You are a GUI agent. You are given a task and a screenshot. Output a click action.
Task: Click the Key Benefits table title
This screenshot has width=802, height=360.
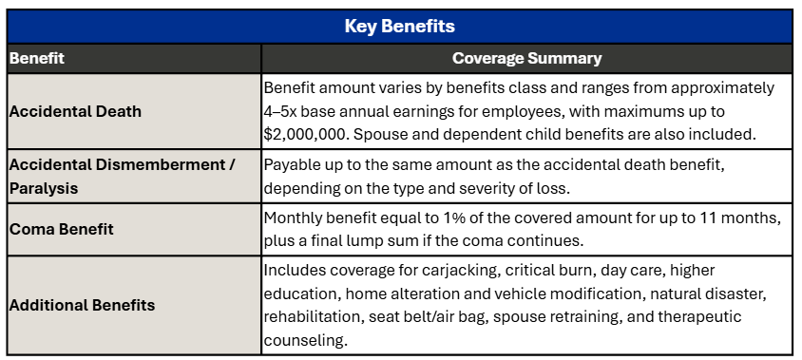(399, 26)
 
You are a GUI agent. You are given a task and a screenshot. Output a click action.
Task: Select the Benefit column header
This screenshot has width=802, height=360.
(37, 58)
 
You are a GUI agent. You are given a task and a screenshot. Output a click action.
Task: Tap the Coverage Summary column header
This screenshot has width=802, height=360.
(526, 58)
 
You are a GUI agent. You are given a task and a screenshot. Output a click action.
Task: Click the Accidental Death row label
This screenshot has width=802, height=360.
(75, 111)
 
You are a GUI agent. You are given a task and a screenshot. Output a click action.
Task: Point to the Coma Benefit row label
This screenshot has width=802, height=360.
(62, 229)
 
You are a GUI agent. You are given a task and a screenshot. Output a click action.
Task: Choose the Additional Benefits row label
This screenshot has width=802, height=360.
(82, 305)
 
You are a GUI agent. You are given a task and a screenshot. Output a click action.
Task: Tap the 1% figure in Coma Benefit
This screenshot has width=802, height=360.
(451, 218)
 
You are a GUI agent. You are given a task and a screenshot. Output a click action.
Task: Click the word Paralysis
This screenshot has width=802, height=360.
(44, 189)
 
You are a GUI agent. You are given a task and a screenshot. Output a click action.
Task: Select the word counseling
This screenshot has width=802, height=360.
(306, 340)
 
